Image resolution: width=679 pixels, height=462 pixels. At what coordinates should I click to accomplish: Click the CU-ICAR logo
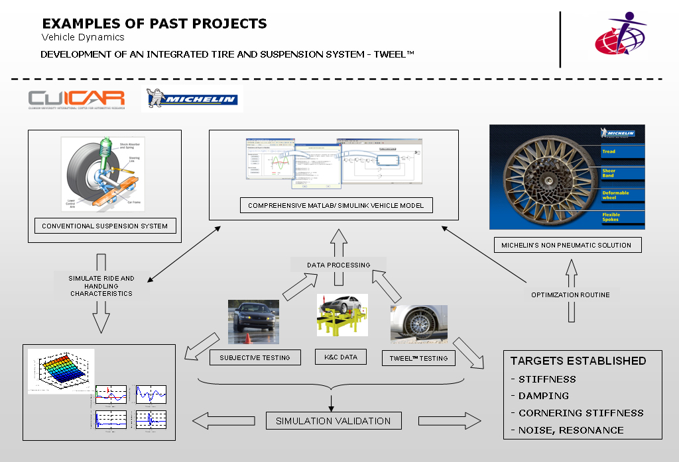[76, 99]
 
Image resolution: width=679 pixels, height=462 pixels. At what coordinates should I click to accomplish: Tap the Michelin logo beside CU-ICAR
[192, 99]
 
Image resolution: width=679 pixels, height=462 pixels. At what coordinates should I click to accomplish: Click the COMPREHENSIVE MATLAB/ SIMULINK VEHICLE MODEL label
[336, 206]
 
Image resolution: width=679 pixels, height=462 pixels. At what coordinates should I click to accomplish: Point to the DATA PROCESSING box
[338, 265]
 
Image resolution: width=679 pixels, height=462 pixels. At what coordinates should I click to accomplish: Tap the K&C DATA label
[340, 357]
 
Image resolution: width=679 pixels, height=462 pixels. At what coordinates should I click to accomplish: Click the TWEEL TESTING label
[418, 358]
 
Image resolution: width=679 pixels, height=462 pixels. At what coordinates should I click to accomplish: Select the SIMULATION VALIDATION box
[334, 420]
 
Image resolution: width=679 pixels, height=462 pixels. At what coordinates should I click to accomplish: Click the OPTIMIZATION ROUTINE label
[570, 294]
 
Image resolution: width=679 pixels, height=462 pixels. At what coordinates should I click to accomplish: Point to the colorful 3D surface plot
[61, 371]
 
